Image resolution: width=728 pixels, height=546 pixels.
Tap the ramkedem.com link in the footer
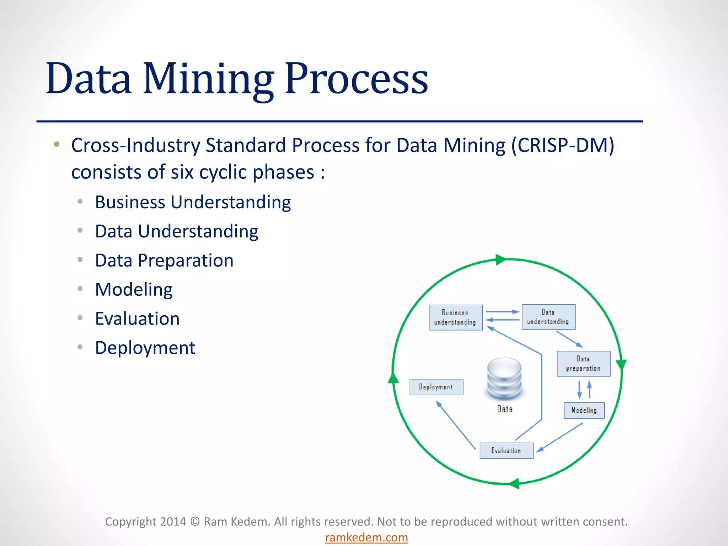point(366,537)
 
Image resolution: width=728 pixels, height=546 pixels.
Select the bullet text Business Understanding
point(193,202)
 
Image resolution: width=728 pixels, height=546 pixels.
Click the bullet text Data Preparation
point(164,261)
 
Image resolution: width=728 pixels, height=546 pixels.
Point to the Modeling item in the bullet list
point(134,290)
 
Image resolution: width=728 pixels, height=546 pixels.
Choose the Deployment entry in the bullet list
point(145,348)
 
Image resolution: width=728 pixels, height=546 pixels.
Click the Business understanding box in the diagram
point(455,317)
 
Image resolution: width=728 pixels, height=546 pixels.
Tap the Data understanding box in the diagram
point(548,317)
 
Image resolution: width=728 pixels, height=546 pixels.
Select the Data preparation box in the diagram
point(583,364)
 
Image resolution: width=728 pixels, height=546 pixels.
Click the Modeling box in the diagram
point(584,410)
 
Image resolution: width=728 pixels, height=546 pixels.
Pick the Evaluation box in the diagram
point(506,451)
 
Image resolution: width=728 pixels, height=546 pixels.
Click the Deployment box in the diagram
point(436,387)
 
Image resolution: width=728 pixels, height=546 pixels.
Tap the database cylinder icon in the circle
point(504,379)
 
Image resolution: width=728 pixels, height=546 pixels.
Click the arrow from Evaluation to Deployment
point(456,425)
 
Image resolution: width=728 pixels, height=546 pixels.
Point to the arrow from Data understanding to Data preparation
point(569,339)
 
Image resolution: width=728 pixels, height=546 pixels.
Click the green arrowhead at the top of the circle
point(500,259)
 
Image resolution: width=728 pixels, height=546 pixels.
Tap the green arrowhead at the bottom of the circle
point(514,483)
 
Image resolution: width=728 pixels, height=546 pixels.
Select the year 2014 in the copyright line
point(173,521)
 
